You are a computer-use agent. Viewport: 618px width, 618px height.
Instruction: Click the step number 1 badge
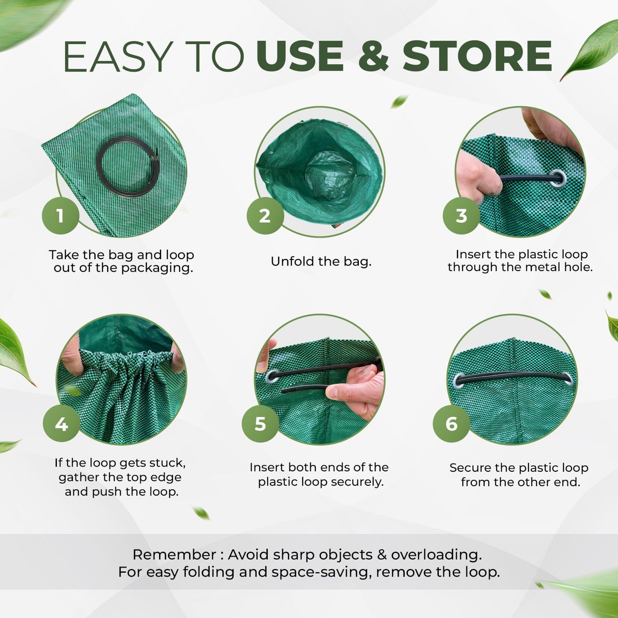coord(61,216)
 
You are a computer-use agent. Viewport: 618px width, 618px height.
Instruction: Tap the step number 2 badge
coord(265,216)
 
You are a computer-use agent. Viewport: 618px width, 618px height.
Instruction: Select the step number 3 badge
coord(461,216)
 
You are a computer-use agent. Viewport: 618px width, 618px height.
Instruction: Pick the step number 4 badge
coord(61,423)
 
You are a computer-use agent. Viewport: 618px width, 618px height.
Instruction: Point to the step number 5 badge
coord(260,423)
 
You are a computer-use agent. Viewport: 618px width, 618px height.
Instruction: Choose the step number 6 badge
coord(451,423)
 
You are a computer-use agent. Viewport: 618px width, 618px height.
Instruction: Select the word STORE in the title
coord(477,56)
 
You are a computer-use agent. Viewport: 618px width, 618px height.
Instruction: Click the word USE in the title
coord(299,56)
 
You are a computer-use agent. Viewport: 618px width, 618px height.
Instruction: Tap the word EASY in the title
coord(116,56)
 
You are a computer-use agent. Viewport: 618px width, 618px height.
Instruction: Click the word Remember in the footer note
coord(174,555)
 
